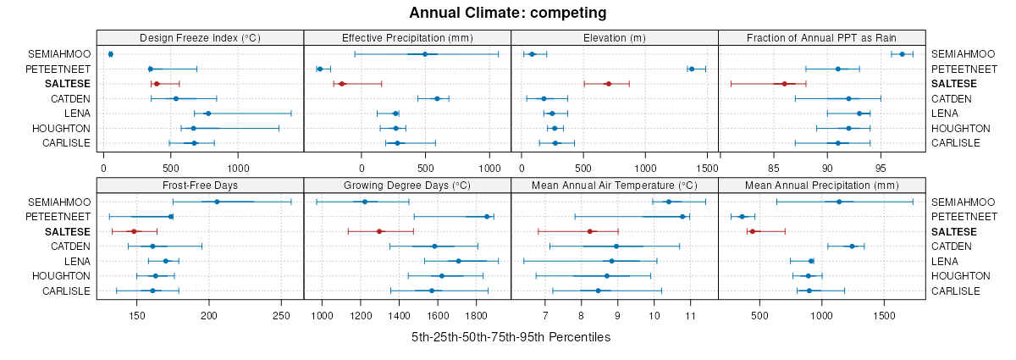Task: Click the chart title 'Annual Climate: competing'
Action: click(x=508, y=13)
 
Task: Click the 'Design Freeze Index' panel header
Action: click(x=200, y=37)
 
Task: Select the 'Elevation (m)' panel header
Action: click(x=615, y=37)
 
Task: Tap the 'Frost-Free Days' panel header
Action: click(x=200, y=185)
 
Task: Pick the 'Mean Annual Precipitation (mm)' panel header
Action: click(x=821, y=185)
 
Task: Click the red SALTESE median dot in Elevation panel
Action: click(x=608, y=84)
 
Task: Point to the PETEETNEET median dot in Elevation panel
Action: click(x=692, y=69)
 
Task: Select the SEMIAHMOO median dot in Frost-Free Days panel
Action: click(x=217, y=202)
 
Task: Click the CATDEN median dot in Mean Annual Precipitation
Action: click(x=852, y=246)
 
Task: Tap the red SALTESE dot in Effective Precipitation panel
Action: click(x=342, y=84)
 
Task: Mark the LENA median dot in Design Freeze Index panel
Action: click(x=207, y=114)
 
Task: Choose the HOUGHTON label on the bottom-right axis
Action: click(x=960, y=276)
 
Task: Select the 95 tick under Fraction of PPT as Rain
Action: click(x=881, y=155)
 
